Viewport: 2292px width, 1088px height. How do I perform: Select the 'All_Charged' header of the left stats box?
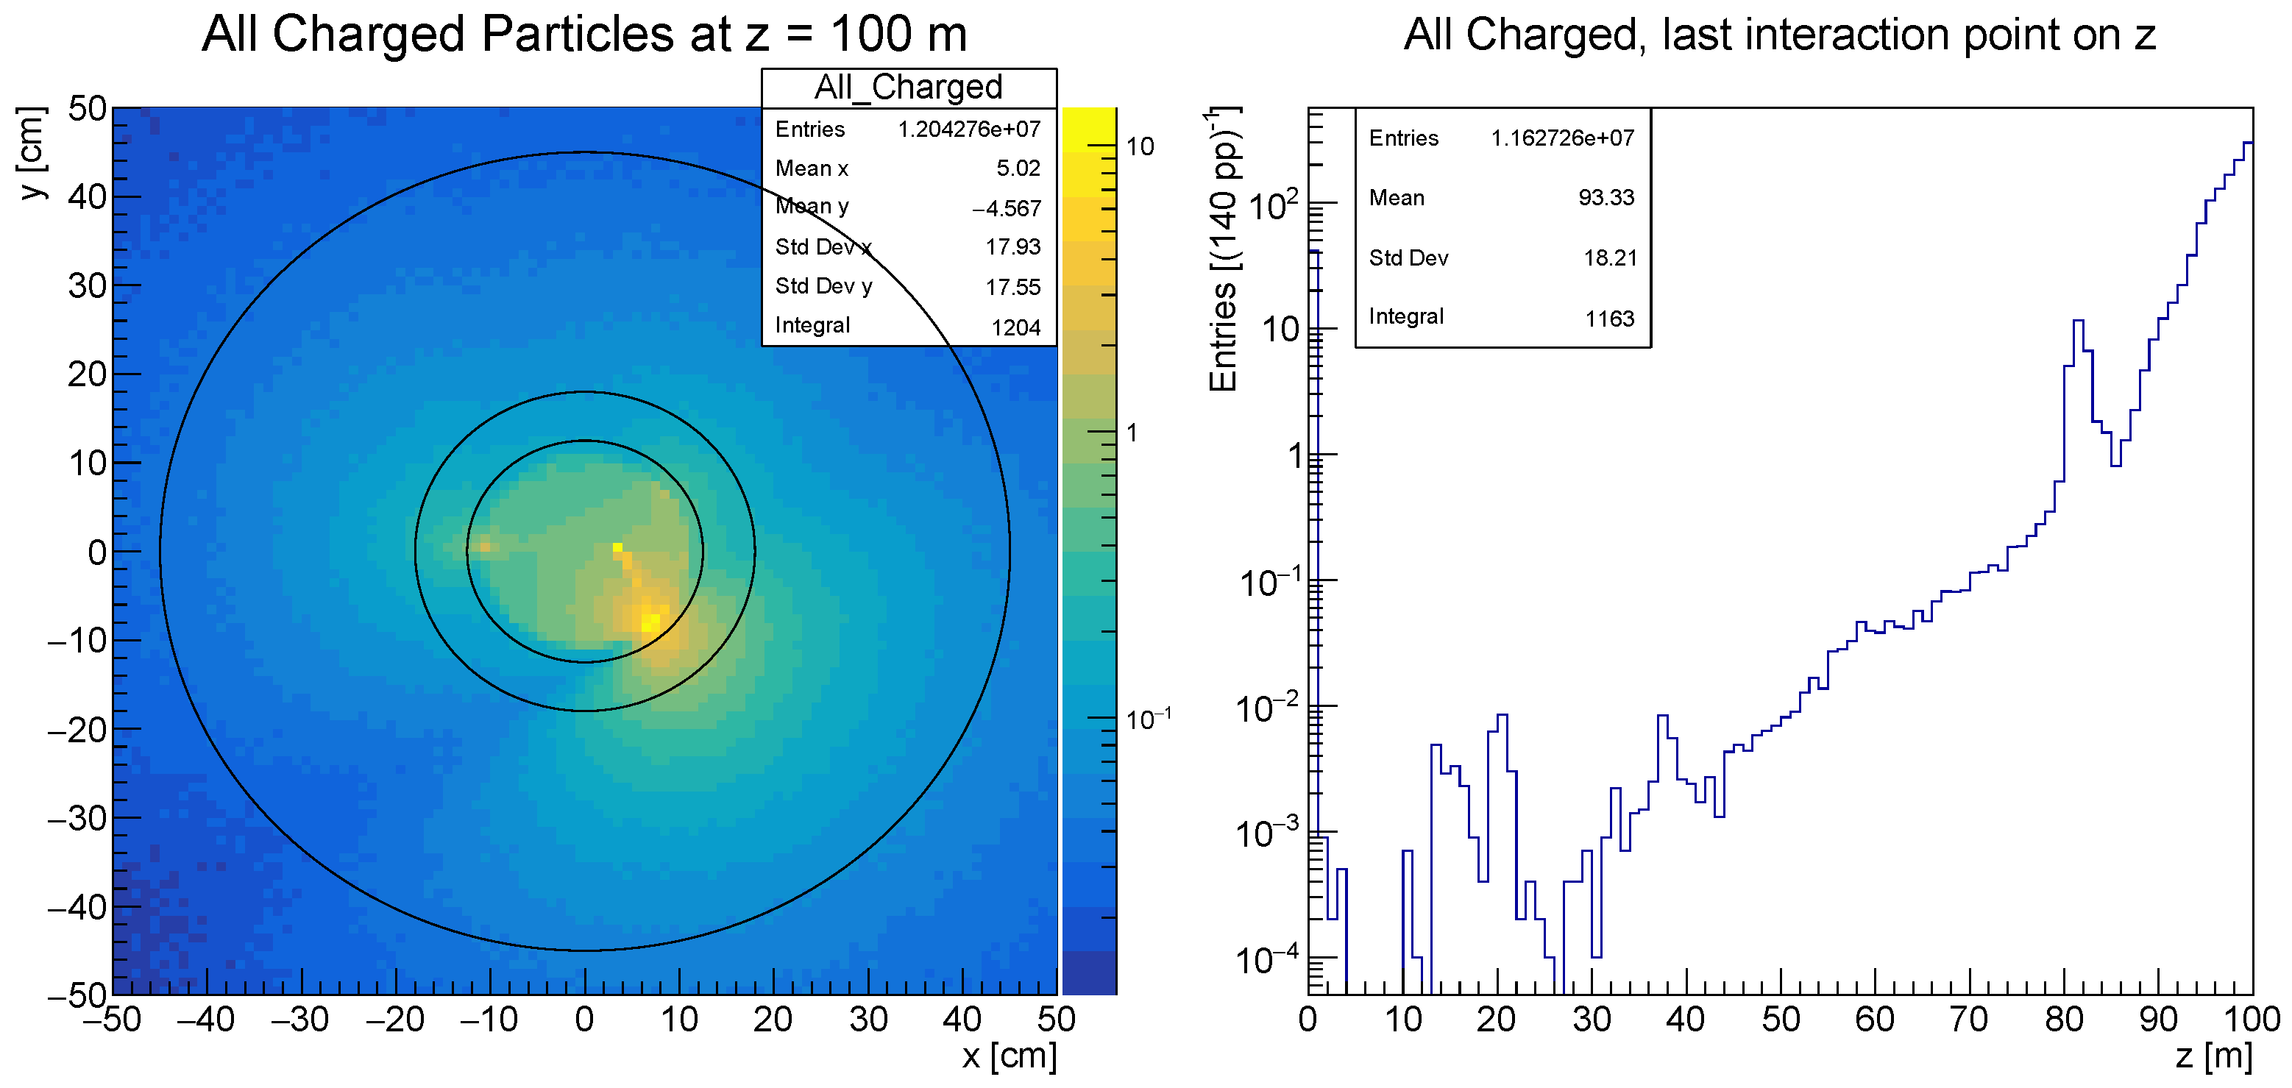coord(909,88)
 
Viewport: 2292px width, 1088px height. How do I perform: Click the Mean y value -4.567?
coord(1007,208)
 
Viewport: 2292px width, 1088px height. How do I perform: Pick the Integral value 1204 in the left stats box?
coord(1015,327)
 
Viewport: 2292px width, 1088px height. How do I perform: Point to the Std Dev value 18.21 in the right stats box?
coord(1610,258)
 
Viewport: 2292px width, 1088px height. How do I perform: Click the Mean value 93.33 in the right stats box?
coord(1606,197)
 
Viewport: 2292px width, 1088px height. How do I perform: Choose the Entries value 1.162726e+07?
coord(1562,138)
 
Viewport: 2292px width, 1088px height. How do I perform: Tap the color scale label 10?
coord(1140,147)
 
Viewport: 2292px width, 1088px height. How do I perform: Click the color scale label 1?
coord(1132,433)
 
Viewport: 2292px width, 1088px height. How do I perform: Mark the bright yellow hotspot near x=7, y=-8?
coord(651,619)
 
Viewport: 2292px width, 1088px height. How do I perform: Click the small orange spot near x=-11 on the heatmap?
coord(483,545)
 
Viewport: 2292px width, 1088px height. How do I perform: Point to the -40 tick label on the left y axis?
coord(77,908)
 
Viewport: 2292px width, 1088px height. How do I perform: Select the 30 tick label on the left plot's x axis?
coord(868,1020)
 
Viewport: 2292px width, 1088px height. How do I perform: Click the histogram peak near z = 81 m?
coord(2079,322)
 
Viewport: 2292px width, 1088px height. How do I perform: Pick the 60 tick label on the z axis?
coord(1874,1020)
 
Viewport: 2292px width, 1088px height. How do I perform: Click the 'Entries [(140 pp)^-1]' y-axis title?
coord(1224,249)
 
